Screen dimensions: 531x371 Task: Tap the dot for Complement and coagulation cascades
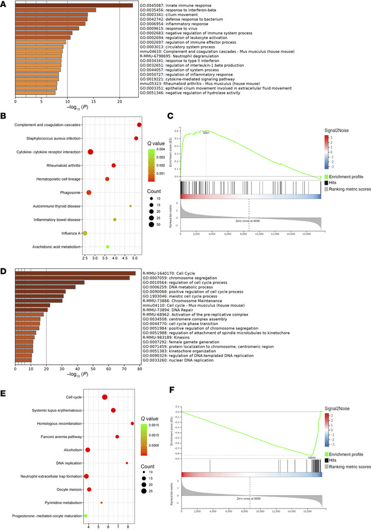[139, 124]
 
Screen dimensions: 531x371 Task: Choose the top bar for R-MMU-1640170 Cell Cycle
[75, 273]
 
